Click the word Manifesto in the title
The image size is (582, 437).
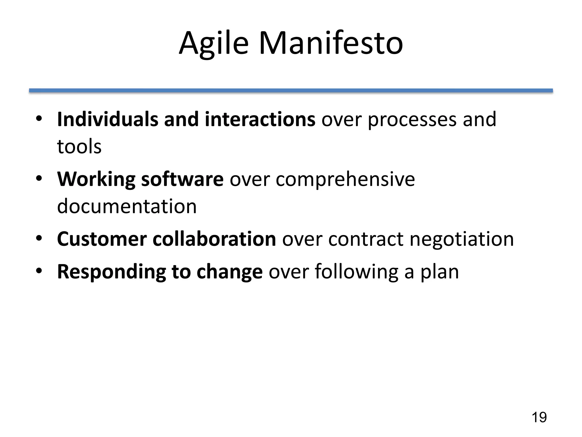(331, 44)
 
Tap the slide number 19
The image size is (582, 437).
(539, 417)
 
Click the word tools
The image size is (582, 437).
(79, 147)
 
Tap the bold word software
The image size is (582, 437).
(182, 179)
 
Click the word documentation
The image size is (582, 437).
(127, 206)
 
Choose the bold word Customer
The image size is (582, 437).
(102, 239)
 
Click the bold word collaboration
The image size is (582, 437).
(214, 239)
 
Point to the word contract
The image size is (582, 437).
(366, 239)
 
